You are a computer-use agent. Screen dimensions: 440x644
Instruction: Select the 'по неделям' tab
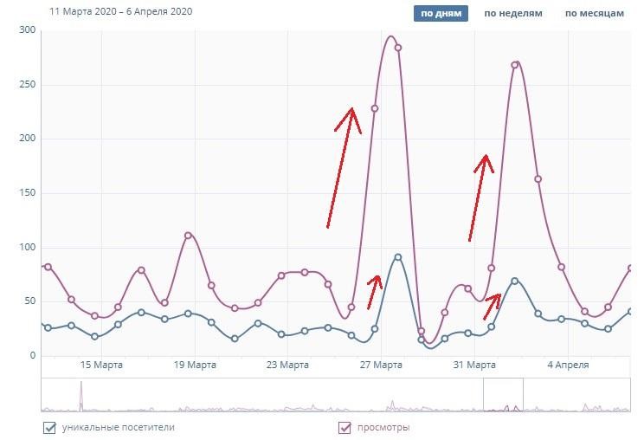point(513,13)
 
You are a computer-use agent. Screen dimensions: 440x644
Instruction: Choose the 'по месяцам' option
point(594,13)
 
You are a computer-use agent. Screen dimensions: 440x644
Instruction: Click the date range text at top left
point(121,12)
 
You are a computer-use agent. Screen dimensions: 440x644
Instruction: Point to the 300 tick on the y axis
point(28,30)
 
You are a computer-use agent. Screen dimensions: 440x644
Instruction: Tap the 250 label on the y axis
point(28,85)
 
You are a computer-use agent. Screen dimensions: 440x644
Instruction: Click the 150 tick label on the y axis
point(28,193)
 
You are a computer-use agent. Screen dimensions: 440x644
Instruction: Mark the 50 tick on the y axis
point(30,301)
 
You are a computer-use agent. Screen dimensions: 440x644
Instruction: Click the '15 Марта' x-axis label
point(101,366)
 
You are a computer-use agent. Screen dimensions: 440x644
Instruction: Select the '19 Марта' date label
point(195,366)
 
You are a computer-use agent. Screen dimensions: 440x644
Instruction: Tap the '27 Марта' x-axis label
point(381,366)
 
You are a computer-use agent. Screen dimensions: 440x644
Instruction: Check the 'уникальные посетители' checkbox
point(48,427)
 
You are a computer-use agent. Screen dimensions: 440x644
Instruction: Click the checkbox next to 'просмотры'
point(345,427)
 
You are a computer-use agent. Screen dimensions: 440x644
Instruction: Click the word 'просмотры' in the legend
point(386,427)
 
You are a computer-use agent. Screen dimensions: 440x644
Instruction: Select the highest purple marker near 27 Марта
point(398,48)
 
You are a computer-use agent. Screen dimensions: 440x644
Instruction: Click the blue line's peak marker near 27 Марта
point(397,257)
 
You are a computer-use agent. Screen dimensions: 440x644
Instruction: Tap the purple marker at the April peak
point(515,65)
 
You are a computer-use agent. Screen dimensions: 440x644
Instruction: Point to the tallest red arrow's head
point(351,110)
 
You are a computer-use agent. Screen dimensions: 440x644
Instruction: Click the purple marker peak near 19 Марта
point(188,236)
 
